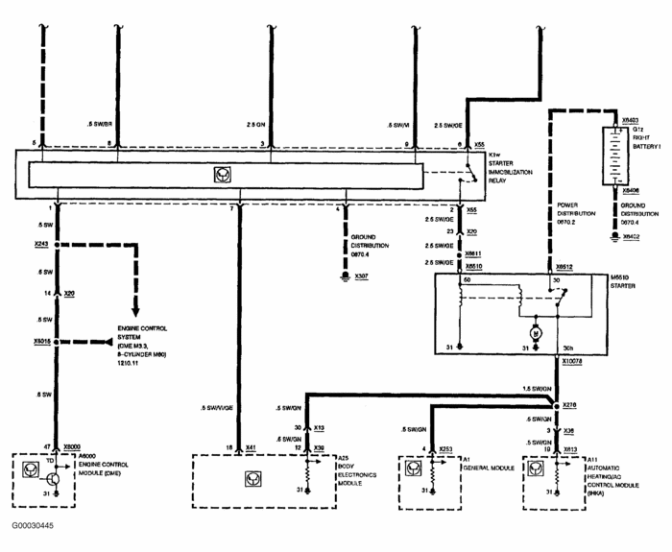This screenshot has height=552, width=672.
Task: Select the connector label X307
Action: point(361,276)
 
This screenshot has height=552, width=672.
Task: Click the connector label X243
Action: point(40,244)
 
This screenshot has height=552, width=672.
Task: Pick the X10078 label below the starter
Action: point(573,361)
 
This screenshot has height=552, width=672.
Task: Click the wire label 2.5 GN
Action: point(253,125)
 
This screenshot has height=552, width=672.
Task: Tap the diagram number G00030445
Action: point(34,525)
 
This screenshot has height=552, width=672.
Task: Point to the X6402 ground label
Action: point(631,236)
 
